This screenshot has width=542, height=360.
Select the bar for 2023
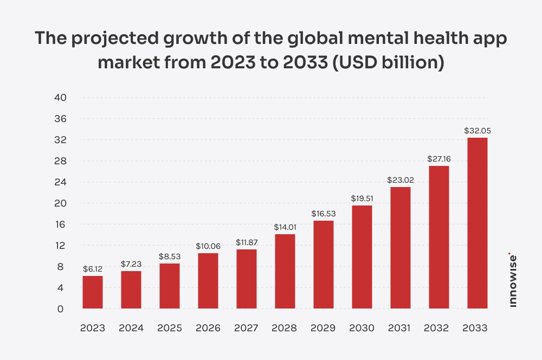(92, 292)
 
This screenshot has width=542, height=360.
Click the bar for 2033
(477, 223)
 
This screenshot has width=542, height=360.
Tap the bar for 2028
(285, 271)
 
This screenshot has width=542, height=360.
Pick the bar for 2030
(362, 257)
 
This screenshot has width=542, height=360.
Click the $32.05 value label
(477, 131)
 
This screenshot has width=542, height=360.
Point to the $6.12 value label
(92, 269)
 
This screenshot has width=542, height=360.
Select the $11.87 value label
(246, 242)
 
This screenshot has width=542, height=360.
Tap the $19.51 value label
(362, 198)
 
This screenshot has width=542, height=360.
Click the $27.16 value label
(438, 159)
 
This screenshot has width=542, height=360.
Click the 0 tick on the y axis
(61, 309)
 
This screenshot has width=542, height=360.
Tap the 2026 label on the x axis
(208, 329)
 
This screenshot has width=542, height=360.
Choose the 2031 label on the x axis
(400, 329)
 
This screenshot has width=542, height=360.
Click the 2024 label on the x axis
(131, 329)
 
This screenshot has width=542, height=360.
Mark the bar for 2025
(169, 286)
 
